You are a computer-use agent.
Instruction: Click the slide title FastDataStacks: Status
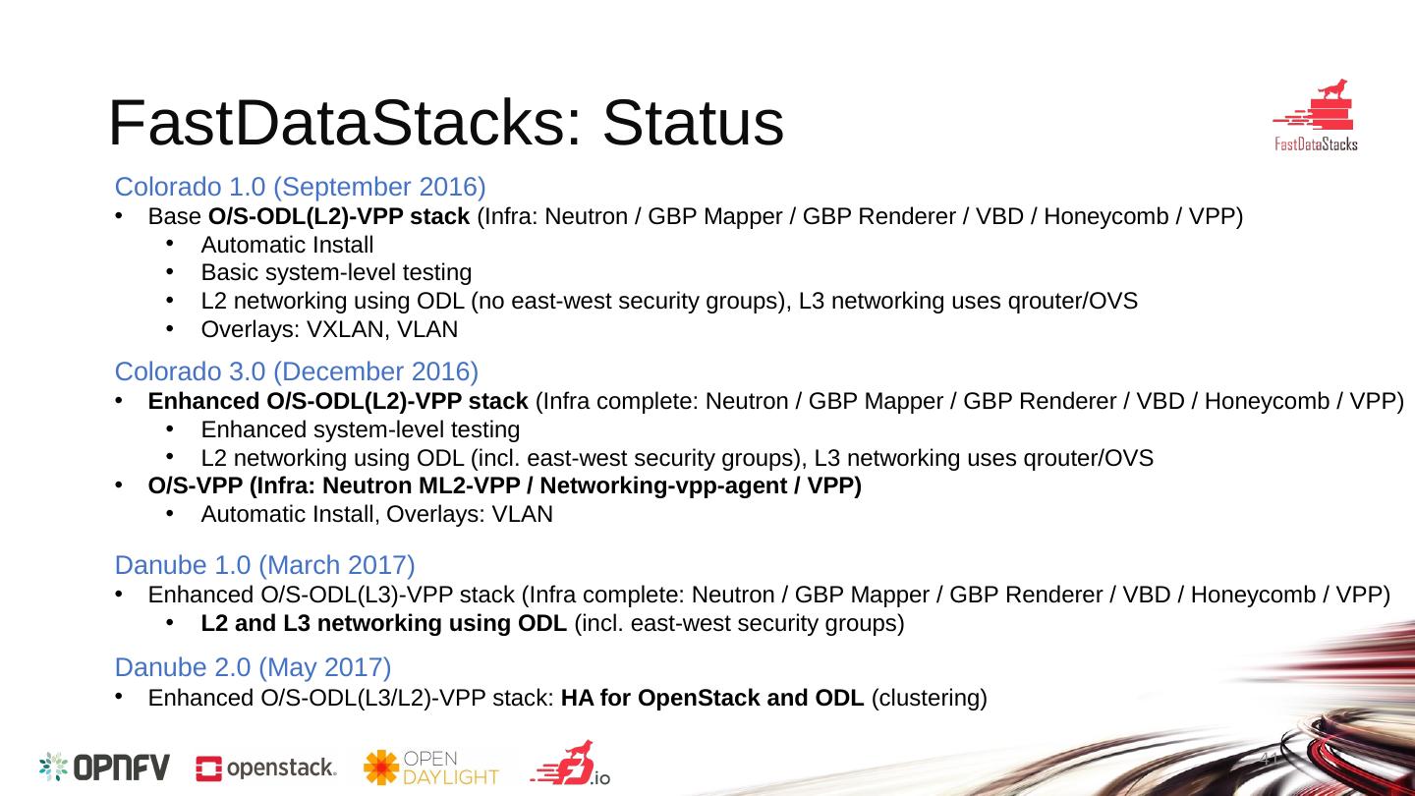[445, 125]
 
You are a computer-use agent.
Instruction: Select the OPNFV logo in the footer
[105, 767]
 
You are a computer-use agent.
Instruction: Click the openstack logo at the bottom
[266, 768]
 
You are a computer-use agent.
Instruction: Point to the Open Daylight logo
[431, 768]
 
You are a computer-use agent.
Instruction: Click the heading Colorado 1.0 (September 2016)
[301, 187]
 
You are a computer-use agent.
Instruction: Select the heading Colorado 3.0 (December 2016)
[297, 371]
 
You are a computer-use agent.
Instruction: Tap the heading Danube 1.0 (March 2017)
[264, 565]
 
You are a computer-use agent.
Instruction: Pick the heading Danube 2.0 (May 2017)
[254, 667]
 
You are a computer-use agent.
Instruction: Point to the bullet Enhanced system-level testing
[360, 429]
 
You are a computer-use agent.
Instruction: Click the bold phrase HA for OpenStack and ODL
[712, 699]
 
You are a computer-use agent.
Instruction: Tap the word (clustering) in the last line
[929, 699]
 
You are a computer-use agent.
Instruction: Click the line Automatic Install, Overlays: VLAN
[376, 514]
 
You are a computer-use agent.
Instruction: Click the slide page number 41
[1267, 760]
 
